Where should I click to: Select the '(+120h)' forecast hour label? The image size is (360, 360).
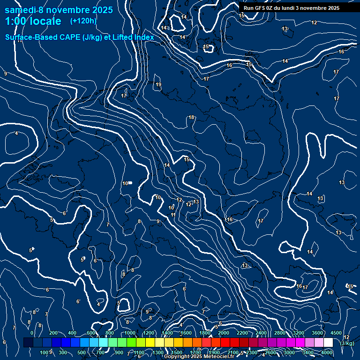pos(83,21)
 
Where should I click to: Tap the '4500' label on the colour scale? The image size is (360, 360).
pos(336,333)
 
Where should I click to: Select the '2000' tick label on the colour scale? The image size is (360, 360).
pos(223,333)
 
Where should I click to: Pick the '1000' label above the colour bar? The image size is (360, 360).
pos(129,333)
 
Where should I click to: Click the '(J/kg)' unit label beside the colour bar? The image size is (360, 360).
pos(347,343)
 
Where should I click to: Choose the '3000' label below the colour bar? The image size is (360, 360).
pos(289,352)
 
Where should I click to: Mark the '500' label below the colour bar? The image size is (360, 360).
pos(82,352)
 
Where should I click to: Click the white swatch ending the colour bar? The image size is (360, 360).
pos(328,343)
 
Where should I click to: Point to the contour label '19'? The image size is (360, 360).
pos(158,85)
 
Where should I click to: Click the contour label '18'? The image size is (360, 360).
pos(191,117)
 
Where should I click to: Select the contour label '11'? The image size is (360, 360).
pos(173,215)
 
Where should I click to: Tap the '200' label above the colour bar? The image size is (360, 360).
pos(53,333)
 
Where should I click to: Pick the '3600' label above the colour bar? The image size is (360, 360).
pos(317,333)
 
